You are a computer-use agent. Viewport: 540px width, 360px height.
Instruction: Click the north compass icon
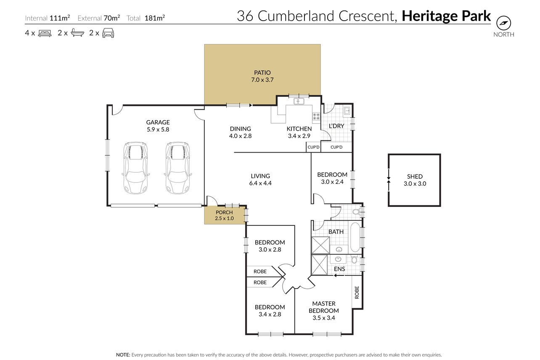pyautogui.click(x=503, y=23)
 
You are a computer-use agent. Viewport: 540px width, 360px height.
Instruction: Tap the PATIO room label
pyautogui.click(x=262, y=73)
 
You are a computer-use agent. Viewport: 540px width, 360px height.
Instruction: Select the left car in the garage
pyautogui.click(x=135, y=168)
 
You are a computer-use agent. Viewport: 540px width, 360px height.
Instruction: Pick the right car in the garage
pyautogui.click(x=177, y=168)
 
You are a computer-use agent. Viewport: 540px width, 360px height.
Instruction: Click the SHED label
pyautogui.click(x=415, y=177)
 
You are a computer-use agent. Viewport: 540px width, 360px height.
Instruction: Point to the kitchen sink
pyautogui.click(x=299, y=101)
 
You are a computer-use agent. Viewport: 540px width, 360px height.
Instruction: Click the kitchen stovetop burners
pyautogui.click(x=316, y=116)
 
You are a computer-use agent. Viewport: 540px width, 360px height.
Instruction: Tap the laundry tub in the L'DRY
pyautogui.click(x=347, y=111)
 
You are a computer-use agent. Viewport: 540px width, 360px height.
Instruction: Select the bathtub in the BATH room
pyautogui.click(x=355, y=237)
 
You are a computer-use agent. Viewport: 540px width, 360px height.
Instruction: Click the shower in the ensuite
pyautogui.click(x=320, y=265)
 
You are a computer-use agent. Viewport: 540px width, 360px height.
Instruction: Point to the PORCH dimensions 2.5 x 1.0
pyautogui.click(x=224, y=218)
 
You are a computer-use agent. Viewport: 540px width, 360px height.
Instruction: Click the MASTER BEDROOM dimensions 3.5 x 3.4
pyautogui.click(x=324, y=318)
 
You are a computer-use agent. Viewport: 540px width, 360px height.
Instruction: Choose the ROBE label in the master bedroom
pyautogui.click(x=357, y=292)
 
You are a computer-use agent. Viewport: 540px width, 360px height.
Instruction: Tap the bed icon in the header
pyautogui.click(x=45, y=33)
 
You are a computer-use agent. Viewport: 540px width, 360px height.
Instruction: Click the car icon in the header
pyautogui.click(x=108, y=33)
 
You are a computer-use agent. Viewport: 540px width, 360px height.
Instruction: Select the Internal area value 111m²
pyautogui.click(x=60, y=18)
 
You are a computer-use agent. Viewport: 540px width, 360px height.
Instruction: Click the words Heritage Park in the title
pyautogui.click(x=446, y=16)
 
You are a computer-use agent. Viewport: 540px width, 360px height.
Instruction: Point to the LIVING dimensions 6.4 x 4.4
pyautogui.click(x=260, y=183)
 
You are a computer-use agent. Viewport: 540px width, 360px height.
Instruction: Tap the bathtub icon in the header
pyautogui.click(x=77, y=33)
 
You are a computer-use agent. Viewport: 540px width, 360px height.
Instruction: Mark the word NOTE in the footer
pyautogui.click(x=123, y=355)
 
